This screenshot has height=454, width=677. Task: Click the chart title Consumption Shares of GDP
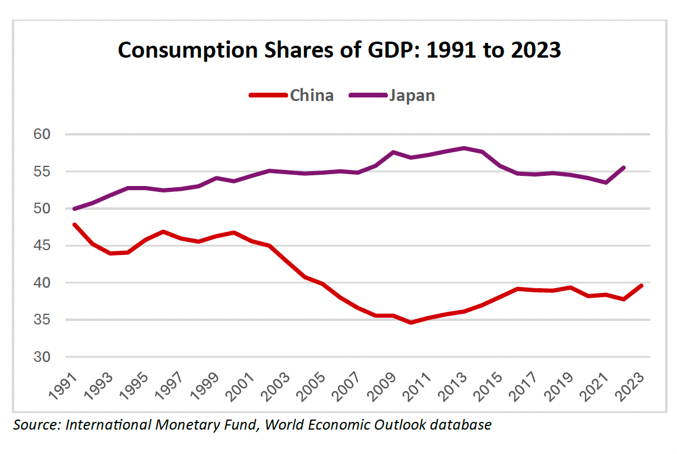[x=339, y=50]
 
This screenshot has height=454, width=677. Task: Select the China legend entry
[x=311, y=95]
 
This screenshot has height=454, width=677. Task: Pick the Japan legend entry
[x=412, y=95]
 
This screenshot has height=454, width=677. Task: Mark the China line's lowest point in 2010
[x=411, y=323]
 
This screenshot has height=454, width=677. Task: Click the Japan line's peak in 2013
[x=464, y=148]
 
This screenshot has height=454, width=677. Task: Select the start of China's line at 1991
[x=74, y=225]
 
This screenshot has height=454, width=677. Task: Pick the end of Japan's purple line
[x=624, y=168]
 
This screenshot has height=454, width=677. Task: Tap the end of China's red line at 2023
[x=641, y=286]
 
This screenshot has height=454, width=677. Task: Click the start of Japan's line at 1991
[x=74, y=209]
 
